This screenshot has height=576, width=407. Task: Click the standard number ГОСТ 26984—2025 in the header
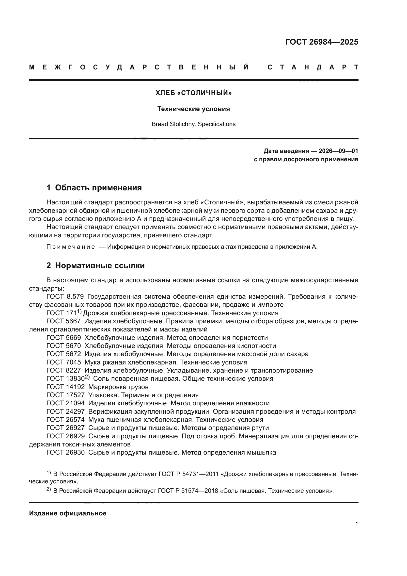click(x=322, y=42)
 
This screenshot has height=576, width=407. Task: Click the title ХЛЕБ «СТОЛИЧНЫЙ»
click(x=193, y=93)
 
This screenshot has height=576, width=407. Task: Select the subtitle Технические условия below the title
click(x=193, y=109)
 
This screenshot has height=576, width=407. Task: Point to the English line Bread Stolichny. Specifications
click(x=193, y=124)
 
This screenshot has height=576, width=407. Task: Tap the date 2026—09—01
click(x=338, y=151)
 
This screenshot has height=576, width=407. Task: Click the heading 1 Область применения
click(x=94, y=188)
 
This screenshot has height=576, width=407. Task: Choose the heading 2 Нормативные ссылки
click(x=95, y=265)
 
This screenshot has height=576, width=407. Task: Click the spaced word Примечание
click(x=71, y=247)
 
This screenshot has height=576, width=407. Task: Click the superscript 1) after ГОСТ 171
click(x=79, y=312)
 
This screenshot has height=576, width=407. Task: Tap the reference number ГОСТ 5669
click(x=64, y=338)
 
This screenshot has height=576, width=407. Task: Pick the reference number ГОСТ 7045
click(x=64, y=362)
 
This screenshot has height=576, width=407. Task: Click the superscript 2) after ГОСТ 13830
click(x=87, y=377)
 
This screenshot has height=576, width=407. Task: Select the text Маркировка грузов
click(x=118, y=387)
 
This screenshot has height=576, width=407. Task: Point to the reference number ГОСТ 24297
click(x=66, y=411)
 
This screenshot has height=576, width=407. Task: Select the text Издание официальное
click(x=68, y=513)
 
